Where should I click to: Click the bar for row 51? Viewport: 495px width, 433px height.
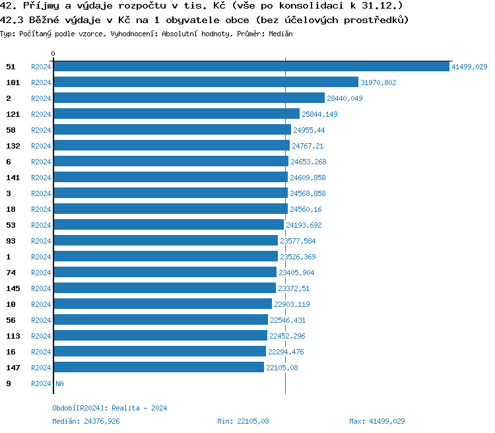point(251,67)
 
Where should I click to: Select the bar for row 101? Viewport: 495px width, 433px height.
point(206,83)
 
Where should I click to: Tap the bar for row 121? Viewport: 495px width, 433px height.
point(176,114)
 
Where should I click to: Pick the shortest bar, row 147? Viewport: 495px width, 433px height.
point(159,368)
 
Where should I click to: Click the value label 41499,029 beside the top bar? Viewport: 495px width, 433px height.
point(469,67)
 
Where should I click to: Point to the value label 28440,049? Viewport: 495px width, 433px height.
point(345,98)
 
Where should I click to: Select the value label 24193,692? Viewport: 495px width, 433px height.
point(304,225)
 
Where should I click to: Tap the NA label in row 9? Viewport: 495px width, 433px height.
point(59,383)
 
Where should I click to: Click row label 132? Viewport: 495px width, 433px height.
point(13,146)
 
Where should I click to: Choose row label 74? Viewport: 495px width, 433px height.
point(11,273)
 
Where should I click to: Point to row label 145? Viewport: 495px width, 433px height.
point(13,288)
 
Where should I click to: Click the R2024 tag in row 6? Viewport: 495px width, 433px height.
point(41,162)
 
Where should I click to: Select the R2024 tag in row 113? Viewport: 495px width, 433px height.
point(41,336)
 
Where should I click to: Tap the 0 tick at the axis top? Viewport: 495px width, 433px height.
point(53,53)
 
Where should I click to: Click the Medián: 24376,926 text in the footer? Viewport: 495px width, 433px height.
point(86,421)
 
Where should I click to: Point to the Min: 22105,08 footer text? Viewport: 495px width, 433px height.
point(243,421)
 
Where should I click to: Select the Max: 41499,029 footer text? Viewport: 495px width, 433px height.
point(377,421)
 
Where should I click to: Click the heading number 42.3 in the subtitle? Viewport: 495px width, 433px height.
point(13,20)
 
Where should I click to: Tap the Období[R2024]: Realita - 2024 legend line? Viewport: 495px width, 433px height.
point(110,408)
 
